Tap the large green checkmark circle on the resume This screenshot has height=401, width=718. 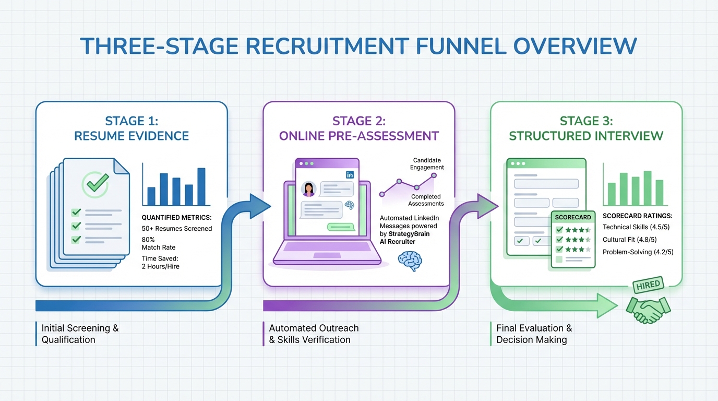coord(95,184)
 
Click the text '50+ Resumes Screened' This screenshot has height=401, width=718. coord(177,228)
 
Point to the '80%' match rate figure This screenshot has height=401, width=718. coord(149,239)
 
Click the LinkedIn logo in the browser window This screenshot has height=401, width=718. coord(350,175)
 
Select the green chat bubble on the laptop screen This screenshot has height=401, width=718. coord(341,227)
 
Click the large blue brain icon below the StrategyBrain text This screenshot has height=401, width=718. coord(410,260)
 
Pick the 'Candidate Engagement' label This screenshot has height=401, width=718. coord(427,163)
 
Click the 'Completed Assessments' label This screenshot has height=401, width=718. coord(426,200)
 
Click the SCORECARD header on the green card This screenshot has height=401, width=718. coord(573,217)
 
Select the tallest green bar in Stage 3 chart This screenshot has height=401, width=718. coord(648,188)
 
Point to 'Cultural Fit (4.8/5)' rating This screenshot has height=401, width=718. coord(629,240)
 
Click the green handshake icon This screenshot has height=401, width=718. coord(649,310)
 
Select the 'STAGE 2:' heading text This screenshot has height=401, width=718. coord(358,121)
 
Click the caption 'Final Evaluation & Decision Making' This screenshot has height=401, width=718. coord(533,334)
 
